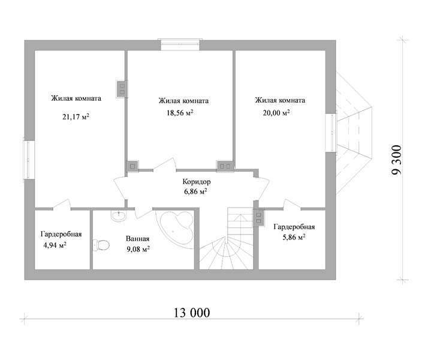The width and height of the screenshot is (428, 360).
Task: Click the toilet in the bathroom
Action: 101,245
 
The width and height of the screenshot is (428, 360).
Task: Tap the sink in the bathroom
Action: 119,215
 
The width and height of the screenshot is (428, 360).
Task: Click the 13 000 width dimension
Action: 192,313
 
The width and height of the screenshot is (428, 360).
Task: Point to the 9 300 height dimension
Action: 397,160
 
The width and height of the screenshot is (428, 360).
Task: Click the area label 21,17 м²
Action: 76,117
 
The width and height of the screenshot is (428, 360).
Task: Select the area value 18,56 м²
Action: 180,113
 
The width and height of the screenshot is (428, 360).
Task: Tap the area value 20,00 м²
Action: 276,113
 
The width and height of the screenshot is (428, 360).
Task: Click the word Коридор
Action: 197,182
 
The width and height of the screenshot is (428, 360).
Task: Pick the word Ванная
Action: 138,239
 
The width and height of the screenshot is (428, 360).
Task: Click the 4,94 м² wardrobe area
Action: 55,245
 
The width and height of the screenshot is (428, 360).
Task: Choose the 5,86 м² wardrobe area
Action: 294,237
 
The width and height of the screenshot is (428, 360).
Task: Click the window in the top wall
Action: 180,44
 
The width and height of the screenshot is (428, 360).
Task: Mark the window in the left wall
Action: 29,160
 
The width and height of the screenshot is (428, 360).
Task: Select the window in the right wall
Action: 331,133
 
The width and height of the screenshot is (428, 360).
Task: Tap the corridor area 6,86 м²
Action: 195,191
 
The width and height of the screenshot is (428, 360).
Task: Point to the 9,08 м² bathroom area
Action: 138,249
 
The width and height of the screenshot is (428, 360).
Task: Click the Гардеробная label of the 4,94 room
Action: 61,235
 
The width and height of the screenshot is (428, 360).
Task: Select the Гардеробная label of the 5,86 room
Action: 294,227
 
